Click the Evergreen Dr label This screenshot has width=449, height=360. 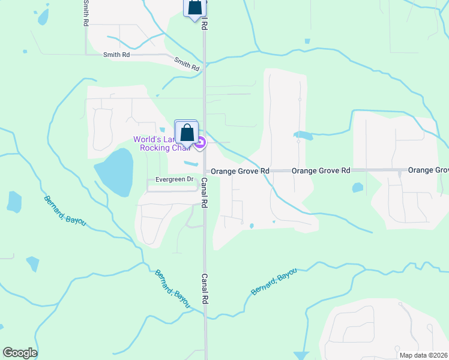tap(175, 179)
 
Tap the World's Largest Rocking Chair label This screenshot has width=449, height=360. tap(162, 143)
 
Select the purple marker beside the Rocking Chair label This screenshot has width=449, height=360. tap(200, 143)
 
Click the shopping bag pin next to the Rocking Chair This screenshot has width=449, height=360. tap(187, 133)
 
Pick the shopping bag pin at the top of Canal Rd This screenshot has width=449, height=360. tap(194, 8)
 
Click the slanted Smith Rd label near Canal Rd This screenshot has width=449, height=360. tap(187, 64)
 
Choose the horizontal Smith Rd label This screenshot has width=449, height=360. tap(116, 55)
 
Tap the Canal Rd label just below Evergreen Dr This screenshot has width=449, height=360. tap(204, 193)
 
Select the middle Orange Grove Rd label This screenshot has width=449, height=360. tap(321, 171)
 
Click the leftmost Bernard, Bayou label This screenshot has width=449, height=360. tap(65, 211)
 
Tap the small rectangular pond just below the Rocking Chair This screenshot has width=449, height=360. tap(190, 163)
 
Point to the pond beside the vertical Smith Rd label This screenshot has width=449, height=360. tap(43, 17)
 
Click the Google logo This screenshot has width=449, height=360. tap(20, 353)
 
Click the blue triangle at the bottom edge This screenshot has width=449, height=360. tap(303, 356)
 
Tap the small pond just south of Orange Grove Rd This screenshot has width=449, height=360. tap(358, 188)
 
